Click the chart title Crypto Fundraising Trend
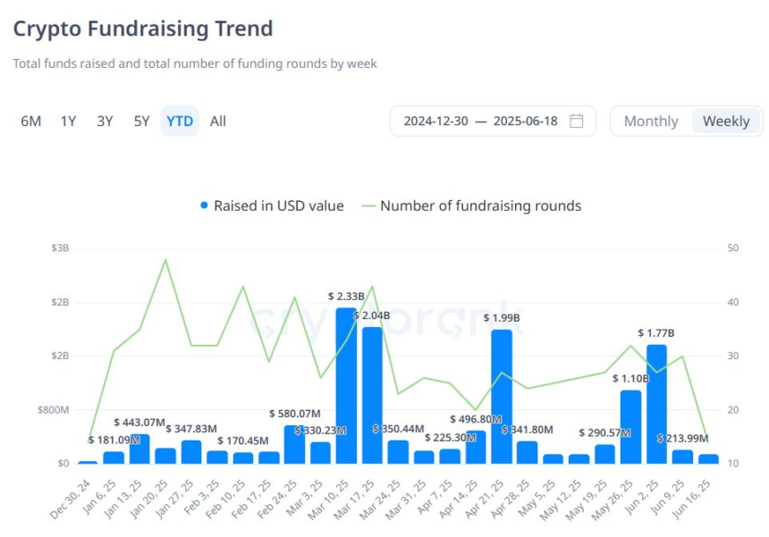tap(143, 28)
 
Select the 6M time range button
tap(31, 122)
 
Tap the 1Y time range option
tap(68, 122)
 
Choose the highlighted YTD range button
tap(180, 122)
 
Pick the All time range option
tap(218, 122)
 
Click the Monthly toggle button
tap(651, 122)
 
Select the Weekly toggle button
tap(726, 122)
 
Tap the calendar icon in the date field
tap(577, 122)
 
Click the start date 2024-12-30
tap(435, 122)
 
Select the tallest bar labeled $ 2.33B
tap(346, 384)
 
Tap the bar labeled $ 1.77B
tap(656, 403)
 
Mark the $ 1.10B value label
tap(630, 379)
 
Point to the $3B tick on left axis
tap(60, 248)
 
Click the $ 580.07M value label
tap(295, 414)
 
